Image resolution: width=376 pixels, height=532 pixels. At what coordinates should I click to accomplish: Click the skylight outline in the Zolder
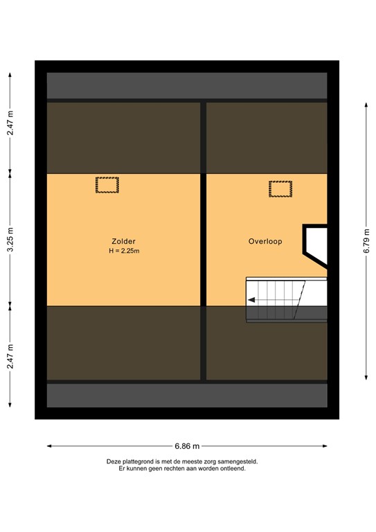[x=107, y=185]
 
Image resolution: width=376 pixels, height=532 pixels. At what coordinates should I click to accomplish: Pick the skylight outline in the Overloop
[x=280, y=188]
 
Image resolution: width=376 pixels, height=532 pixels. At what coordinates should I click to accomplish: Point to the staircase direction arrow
[x=252, y=300]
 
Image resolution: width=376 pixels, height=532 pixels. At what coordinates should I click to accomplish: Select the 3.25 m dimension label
[x=10, y=239]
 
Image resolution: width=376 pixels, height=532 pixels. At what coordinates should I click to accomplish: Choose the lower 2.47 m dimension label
[x=10, y=357]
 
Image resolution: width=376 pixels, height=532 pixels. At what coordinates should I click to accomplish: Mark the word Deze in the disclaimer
[x=114, y=461]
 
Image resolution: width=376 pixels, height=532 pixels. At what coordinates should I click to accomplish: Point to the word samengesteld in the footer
[x=240, y=461]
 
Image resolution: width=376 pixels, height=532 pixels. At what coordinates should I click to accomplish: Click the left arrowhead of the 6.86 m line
[x=49, y=446]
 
